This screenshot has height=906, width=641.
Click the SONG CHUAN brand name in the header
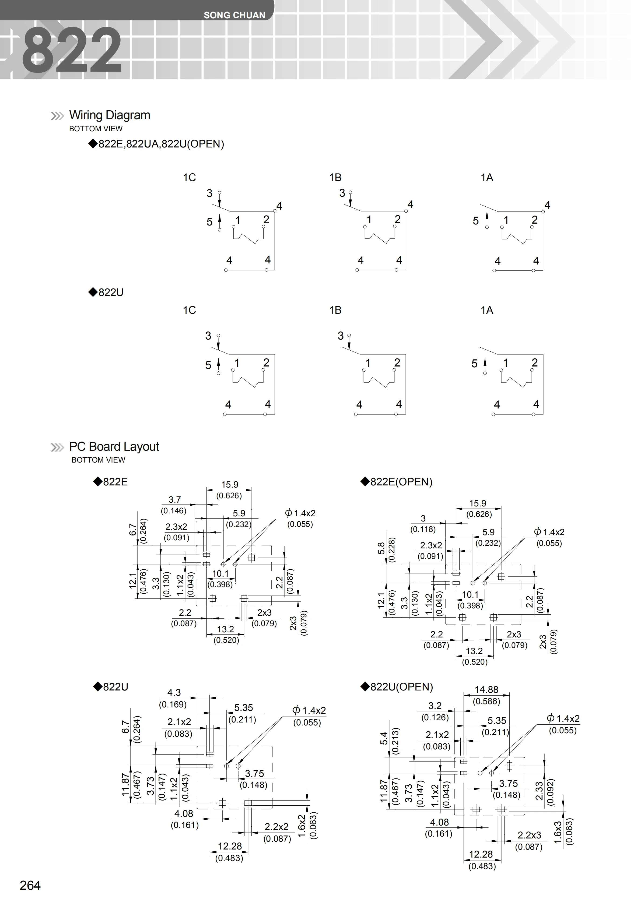click(x=234, y=15)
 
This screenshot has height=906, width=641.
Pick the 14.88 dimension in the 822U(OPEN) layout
click(x=486, y=689)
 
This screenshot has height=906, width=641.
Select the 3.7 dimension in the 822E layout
click(x=174, y=500)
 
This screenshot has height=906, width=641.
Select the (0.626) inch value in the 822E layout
click(x=229, y=496)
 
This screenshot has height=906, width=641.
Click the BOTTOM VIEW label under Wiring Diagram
click(x=96, y=129)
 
